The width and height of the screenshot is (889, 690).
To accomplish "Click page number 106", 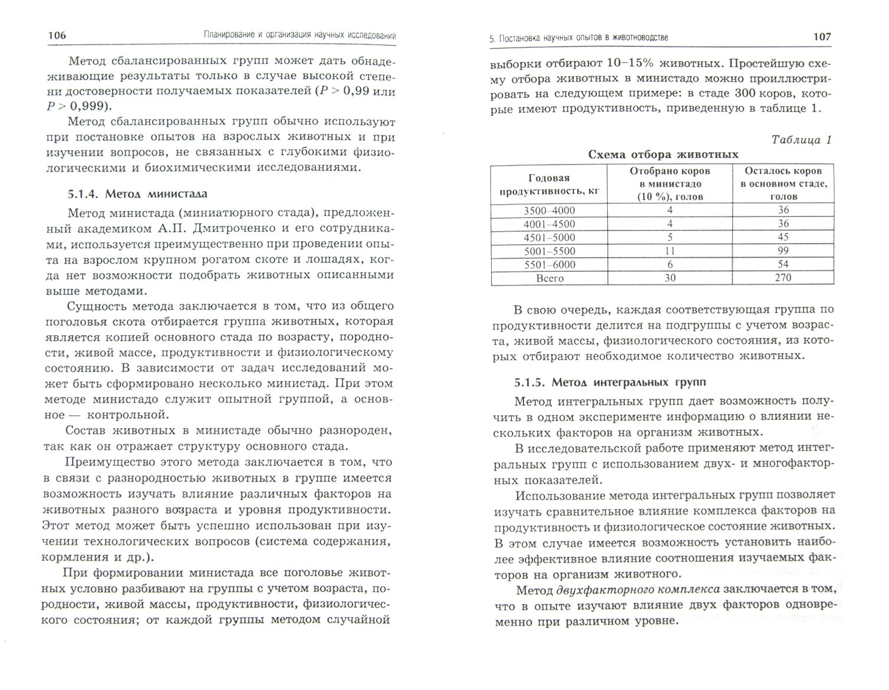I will click(57, 36).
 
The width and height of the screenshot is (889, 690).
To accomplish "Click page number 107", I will click(822, 37).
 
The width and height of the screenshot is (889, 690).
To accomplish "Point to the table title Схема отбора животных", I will click(663, 155).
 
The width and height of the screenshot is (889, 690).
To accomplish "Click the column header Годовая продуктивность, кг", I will click(549, 184).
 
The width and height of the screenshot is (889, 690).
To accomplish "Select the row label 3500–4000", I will click(549, 211).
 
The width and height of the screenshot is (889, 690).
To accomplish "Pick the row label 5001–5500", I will click(549, 251).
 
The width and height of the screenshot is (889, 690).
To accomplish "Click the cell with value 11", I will click(670, 251).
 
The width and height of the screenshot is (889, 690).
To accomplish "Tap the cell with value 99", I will click(783, 251).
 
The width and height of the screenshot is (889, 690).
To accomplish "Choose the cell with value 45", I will click(783, 238).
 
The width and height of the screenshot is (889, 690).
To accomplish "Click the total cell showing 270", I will click(783, 278).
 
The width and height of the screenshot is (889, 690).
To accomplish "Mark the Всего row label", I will click(549, 278).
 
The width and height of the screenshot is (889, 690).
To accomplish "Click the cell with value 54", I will click(783, 265).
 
